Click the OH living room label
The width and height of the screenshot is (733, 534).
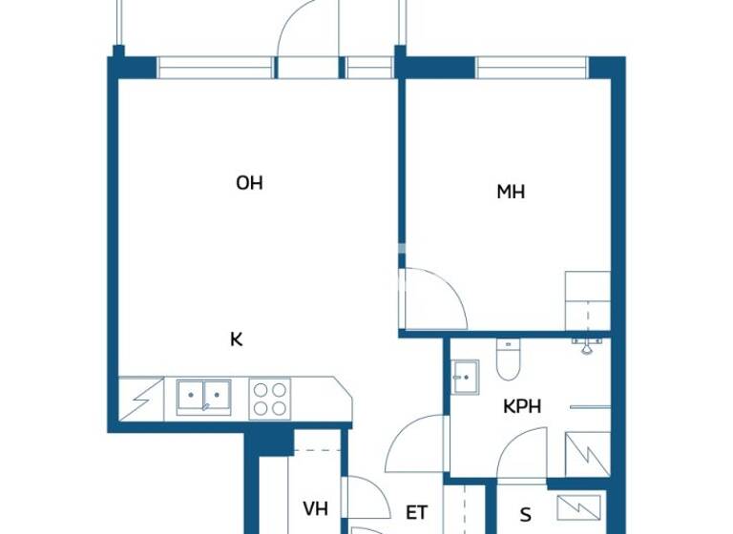click(249, 183)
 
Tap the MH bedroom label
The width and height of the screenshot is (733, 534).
click(511, 192)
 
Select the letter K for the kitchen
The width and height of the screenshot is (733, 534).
click(236, 338)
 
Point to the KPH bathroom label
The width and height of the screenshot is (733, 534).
click(522, 406)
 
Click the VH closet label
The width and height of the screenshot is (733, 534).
click(316, 509)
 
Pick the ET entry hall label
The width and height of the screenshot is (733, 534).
click(417, 513)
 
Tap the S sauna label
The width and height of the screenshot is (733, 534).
click(525, 513)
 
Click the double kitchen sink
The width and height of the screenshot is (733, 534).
click(202, 397)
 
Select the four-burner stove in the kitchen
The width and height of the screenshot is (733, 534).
click(269, 398)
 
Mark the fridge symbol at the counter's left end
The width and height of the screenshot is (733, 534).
click(136, 395)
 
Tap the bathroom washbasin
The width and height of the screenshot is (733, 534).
click(465, 376)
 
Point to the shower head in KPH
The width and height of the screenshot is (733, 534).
click(589, 344)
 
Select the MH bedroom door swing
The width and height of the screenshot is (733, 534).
click(431, 299)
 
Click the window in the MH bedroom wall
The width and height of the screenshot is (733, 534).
click(532, 68)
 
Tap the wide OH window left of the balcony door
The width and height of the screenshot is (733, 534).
click(216, 68)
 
